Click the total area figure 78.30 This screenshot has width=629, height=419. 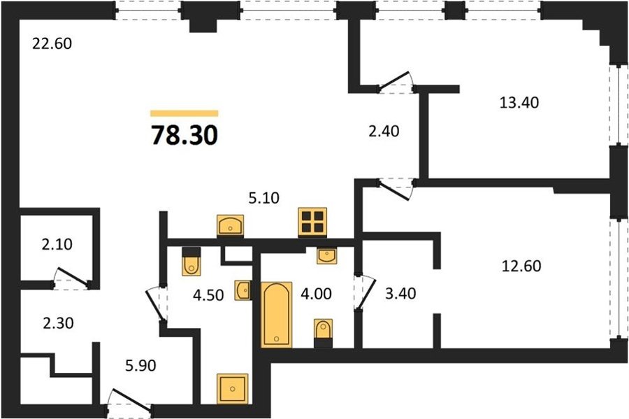185,135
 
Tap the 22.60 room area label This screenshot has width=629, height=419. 52,43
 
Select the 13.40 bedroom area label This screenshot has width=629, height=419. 519,103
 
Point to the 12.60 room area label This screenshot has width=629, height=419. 521,266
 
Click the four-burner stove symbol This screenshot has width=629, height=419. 312,222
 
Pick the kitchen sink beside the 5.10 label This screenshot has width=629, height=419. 230,225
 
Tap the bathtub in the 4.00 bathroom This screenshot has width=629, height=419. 277,314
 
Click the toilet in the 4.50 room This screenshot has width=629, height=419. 191,262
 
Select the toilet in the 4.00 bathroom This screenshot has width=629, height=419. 324,333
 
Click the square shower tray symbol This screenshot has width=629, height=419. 233,388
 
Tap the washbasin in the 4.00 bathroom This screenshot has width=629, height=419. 327,255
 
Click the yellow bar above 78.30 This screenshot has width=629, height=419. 185,113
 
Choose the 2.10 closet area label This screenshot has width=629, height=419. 57,244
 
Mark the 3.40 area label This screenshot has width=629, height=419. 400,293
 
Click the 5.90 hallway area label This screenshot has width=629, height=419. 140,366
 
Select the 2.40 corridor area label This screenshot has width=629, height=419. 384,132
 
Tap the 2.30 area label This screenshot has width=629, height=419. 58,323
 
